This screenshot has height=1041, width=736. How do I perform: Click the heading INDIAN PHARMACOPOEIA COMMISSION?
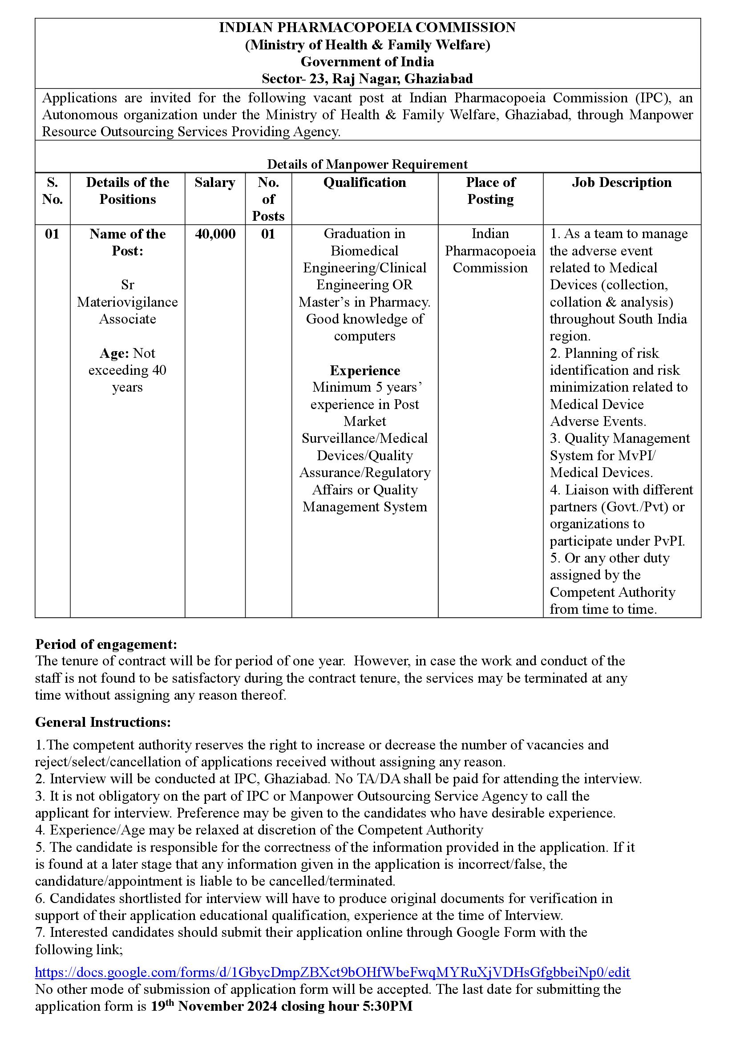(367, 28)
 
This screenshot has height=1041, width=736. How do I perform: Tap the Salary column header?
(215, 183)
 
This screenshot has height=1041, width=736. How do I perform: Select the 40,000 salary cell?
(215, 234)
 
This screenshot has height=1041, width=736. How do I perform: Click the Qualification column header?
(364, 183)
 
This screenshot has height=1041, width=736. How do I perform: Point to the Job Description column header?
(621, 183)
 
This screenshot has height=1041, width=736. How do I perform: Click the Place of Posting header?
(490, 191)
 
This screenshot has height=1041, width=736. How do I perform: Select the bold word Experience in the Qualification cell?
(364, 371)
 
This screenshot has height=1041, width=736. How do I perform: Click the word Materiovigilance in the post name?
(127, 302)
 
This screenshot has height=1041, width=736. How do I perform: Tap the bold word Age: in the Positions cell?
(115, 353)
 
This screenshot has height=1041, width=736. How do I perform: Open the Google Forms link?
(332, 972)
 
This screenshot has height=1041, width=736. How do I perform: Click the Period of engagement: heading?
(106, 644)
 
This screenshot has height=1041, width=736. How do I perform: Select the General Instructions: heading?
(103, 722)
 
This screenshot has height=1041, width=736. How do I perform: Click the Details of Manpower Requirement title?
(367, 164)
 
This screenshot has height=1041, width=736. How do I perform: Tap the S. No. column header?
(52, 191)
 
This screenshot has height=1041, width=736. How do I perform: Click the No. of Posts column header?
(268, 199)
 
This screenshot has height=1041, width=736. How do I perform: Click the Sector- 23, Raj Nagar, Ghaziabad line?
(367, 79)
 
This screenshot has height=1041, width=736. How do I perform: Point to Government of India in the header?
(367, 62)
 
